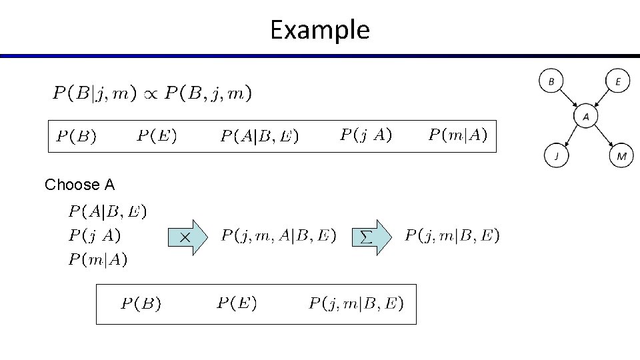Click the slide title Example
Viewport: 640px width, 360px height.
pyautogui.click(x=319, y=30)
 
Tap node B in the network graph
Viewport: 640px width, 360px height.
pyautogui.click(x=551, y=81)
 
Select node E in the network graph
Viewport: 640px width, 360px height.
pyautogui.click(x=618, y=81)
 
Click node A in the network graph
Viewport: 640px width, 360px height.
pyautogui.click(x=586, y=117)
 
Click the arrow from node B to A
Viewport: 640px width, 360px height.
pyautogui.click(x=568, y=99)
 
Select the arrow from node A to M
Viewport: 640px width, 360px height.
pyautogui.click(x=604, y=137)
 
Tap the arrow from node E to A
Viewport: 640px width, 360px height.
pyautogui.click(x=602, y=99)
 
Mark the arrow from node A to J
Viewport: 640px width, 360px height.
pyautogui.click(x=571, y=137)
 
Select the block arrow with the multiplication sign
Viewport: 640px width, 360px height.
pyautogui.click(x=188, y=237)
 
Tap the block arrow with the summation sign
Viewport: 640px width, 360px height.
pyautogui.click(x=372, y=237)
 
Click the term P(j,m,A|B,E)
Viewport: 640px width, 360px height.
pyautogui.click(x=279, y=235)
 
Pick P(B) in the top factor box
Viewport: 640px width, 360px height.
pyautogui.click(x=75, y=137)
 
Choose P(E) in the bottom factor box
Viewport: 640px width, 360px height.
pyautogui.click(x=237, y=304)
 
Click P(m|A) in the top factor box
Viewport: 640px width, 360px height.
pyautogui.click(x=457, y=136)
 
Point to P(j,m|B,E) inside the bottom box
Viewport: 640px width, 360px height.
pyautogui.click(x=356, y=304)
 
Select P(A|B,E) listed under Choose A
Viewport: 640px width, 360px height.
pyautogui.click(x=107, y=212)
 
